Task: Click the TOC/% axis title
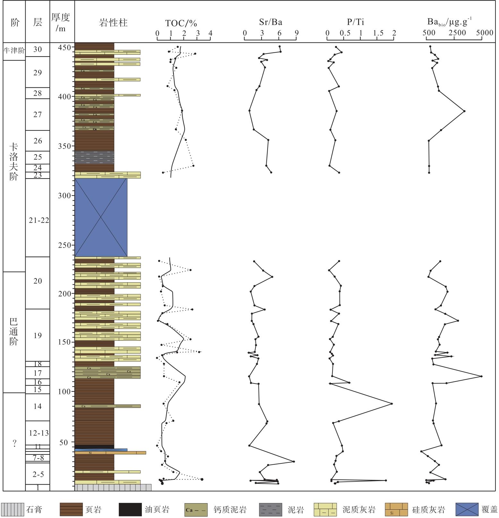[x=181, y=23]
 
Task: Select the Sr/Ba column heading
[x=271, y=22]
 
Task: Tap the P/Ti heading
[x=355, y=22]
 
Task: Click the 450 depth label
[x=64, y=48]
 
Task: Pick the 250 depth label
[x=64, y=245]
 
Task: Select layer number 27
[x=38, y=115]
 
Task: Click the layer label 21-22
[x=39, y=220]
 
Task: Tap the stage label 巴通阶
[x=13, y=331]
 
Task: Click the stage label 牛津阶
[x=14, y=50]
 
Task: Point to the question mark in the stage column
[x=14, y=443]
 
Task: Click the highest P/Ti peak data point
[x=391, y=404]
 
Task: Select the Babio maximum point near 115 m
[x=481, y=376]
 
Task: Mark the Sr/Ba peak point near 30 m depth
[x=294, y=461]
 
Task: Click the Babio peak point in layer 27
[x=464, y=111]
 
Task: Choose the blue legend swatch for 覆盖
[x=467, y=509]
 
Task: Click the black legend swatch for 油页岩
[x=130, y=509]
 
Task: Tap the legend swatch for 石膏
[x=13, y=509]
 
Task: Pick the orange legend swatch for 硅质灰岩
[x=396, y=509]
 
